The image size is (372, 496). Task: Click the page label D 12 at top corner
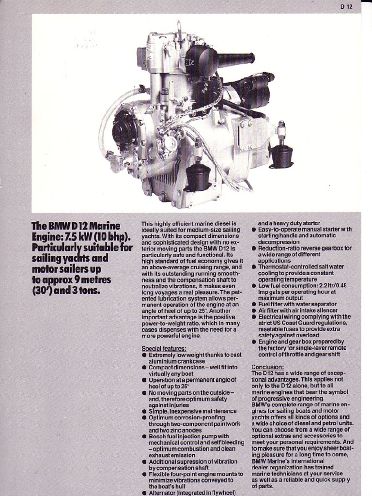(x=346, y=7)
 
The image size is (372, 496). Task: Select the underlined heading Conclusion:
(x=268, y=367)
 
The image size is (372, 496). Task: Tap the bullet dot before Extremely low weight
(x=144, y=355)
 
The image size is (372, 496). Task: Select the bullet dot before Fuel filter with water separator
(x=254, y=304)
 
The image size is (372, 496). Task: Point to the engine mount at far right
(x=281, y=155)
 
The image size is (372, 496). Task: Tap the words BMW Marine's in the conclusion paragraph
(x=274, y=461)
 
